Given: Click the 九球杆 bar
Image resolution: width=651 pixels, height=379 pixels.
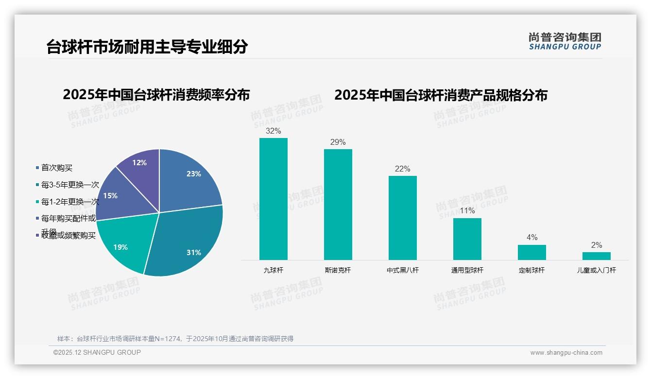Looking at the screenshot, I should point(274,199).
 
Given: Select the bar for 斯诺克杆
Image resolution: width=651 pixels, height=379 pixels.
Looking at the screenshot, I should point(338,204).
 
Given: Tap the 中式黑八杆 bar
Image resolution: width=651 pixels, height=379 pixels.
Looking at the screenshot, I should point(403,218).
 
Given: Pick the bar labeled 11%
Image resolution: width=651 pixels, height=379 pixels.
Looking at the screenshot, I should point(467,239).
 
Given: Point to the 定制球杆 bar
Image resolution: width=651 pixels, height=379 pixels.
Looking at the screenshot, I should point(532,252).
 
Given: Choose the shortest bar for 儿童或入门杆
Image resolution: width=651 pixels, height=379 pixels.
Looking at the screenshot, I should point(597,256).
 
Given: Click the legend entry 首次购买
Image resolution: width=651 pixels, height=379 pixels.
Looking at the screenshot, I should point(56,168).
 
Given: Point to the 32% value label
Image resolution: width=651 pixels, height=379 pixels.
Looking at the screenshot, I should point(274,131).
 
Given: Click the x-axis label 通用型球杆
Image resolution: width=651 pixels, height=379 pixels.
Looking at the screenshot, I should point(467,270).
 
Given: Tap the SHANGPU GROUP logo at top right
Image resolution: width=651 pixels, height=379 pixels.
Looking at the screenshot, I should point(565,41).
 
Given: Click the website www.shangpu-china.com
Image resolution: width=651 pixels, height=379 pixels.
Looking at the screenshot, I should point(566,353).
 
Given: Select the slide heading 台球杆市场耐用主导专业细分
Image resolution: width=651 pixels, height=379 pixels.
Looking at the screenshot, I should point(147,47).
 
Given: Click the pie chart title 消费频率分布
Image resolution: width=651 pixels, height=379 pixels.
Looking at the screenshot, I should point(156,95).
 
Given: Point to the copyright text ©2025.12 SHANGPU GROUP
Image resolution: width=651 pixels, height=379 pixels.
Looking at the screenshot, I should point(97,352).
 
